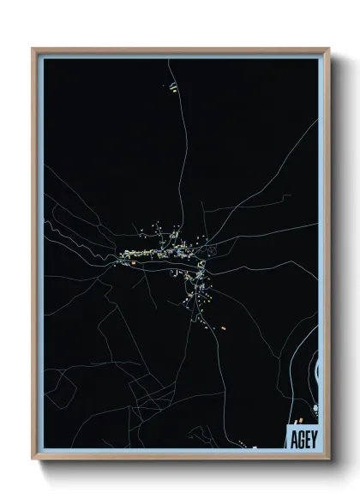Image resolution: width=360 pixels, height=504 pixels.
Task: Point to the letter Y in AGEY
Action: click(314, 440)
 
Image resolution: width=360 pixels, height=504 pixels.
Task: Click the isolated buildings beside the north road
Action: click(174, 85)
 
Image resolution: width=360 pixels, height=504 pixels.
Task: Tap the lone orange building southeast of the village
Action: click(223, 327)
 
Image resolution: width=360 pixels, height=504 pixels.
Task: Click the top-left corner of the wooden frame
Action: click(33, 49)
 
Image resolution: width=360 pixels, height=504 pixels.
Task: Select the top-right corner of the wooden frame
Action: click(328, 49)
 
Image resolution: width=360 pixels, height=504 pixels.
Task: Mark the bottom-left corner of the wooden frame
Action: click(33, 459)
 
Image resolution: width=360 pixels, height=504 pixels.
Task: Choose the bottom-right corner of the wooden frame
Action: click(328, 459)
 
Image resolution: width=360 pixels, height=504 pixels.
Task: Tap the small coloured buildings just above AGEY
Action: click(297, 423)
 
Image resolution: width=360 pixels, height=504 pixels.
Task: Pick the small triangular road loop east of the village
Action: click(212, 249)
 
